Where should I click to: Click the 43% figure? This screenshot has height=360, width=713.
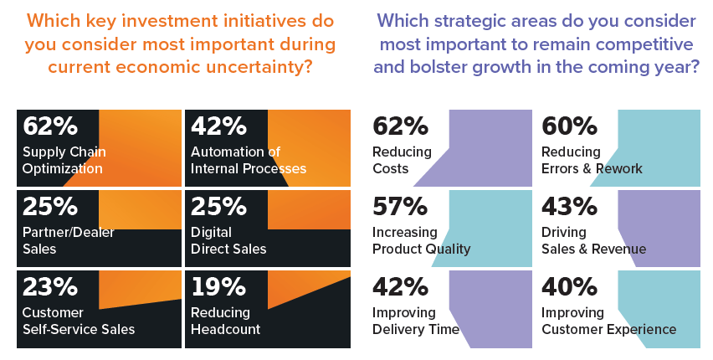click(569, 207)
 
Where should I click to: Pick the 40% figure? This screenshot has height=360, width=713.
click(569, 287)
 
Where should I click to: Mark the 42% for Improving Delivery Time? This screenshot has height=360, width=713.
click(399, 287)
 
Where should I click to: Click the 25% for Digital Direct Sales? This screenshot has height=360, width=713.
click(218, 207)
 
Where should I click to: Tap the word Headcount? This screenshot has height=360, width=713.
click(225, 329)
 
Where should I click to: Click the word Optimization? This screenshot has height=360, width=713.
click(63, 168)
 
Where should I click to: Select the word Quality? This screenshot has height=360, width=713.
click(448, 249)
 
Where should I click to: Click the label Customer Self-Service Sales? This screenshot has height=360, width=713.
click(79, 321)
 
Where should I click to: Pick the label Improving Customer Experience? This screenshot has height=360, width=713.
click(608, 321)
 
